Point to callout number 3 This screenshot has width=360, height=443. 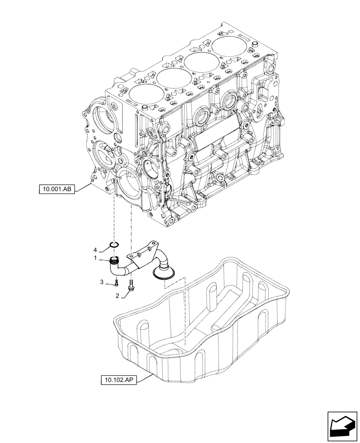coord(102,282)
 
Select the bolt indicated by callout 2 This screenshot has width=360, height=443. coord(131,286)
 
